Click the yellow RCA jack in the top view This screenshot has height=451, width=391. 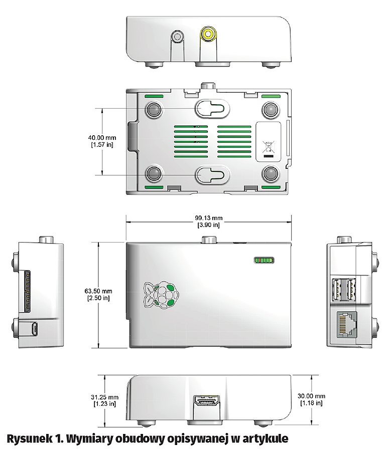(207, 35)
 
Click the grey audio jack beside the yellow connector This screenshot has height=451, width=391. (177, 37)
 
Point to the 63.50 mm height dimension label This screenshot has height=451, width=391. (98, 294)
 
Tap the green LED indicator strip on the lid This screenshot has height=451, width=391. (264, 261)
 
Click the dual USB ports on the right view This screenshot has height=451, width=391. (346, 289)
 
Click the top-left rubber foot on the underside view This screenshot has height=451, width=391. (154, 109)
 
